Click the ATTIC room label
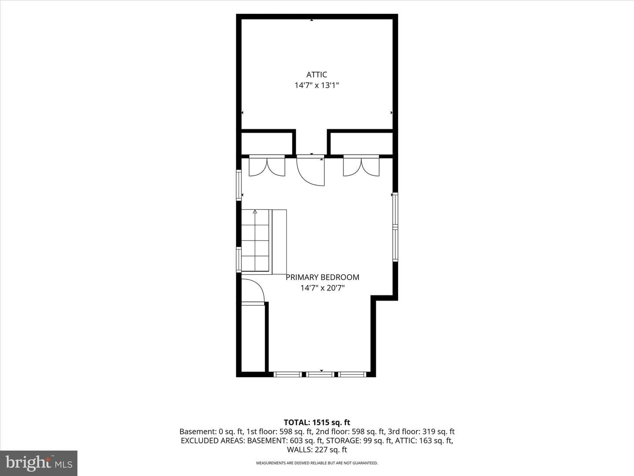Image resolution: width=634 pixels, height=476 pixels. point(317,74)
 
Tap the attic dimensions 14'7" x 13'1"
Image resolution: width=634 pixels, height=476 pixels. point(317,86)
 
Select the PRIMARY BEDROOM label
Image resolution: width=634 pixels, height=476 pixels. point(322,277)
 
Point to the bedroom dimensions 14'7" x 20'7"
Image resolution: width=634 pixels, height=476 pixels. point(322,288)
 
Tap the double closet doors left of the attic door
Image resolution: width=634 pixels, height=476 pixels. point(267,166)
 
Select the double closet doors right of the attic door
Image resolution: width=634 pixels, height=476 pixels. point(361,166)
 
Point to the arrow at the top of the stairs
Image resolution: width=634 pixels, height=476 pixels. point(255,212)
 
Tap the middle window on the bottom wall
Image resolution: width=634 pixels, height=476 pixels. point(320,375)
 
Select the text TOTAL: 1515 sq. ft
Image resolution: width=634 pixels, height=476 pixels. point(317,422)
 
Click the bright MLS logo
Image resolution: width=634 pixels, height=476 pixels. point(39,463)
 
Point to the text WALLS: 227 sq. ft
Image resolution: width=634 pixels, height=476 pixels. point(317,450)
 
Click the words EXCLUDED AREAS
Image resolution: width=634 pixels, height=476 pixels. point(214,440)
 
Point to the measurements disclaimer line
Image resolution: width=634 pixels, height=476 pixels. point(317,463)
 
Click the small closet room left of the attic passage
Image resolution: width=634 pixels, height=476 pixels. point(267,144)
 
